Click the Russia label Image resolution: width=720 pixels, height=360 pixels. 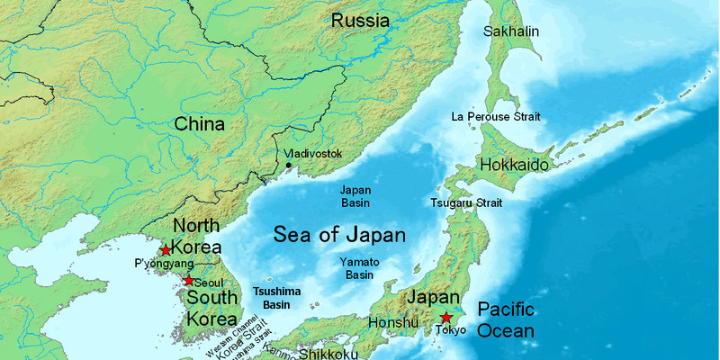coord(360,20)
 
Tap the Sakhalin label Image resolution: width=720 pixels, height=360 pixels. coord(511,31)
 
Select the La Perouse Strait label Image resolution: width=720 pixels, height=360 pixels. coord(494,117)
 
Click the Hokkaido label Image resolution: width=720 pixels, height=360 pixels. coord(514,166)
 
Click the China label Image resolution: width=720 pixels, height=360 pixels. coord(199,124)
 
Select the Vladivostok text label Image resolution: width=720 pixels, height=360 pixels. coord(313,154)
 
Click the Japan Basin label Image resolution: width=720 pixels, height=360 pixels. coord(356,196)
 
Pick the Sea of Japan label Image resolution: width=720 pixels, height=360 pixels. coord(339,236)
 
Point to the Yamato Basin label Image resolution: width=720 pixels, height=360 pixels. coord(359,267)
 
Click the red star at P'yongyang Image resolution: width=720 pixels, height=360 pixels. coord(166,249)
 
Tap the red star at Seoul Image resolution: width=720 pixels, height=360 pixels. coord(188,281)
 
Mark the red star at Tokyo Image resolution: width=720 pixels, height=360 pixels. coord(445,318)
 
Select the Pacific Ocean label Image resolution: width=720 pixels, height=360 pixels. coord(506,320)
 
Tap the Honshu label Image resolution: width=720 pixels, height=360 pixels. coord(393,323)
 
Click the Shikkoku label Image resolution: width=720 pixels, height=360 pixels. coord(329,354)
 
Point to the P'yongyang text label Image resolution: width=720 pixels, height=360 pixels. coord(163,264)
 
